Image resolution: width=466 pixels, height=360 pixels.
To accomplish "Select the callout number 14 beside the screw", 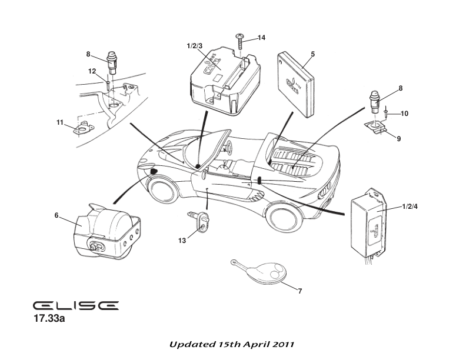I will (x=261, y=38).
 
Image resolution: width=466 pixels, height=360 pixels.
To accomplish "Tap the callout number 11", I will (x=59, y=122).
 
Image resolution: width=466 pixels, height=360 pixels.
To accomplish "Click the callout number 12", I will (x=92, y=71).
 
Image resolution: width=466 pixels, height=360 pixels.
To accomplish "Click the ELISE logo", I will (x=75, y=306).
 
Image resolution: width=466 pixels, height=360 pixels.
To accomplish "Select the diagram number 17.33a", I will (x=52, y=320).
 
